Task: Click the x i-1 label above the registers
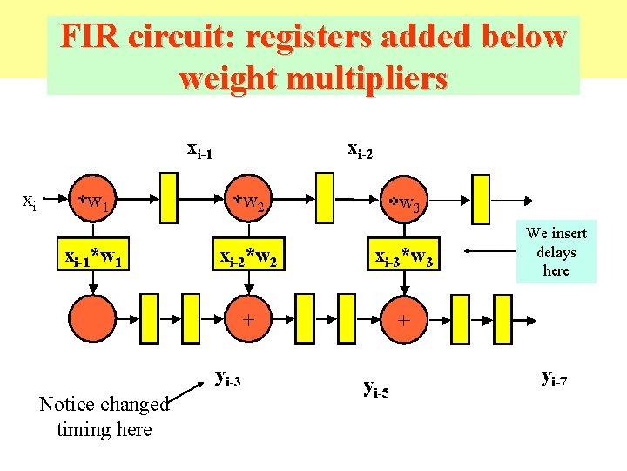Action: click(x=200, y=149)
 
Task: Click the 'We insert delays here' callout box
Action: click(x=556, y=252)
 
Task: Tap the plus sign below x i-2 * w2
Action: click(x=248, y=319)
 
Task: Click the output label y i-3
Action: click(x=228, y=379)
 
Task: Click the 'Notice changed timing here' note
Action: click(x=104, y=417)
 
